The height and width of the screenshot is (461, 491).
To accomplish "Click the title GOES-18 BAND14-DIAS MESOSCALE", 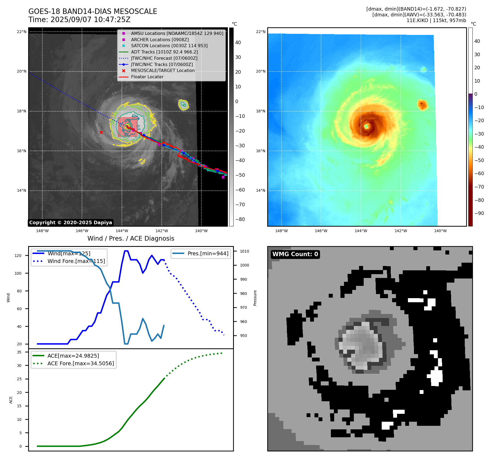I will tap(93, 11).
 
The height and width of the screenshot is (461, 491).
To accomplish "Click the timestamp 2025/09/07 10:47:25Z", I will tap(90, 20).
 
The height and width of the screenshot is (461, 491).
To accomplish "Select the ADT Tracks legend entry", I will tap(164, 52).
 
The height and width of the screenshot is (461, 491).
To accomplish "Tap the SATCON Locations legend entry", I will tap(169, 46).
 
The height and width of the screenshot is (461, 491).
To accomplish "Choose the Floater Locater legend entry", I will tap(147, 77).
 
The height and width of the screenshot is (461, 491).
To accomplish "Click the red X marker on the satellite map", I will tap(101, 133).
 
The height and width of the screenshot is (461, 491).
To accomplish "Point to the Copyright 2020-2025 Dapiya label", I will tap(70, 223).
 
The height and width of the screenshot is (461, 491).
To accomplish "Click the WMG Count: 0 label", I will tap(295, 254).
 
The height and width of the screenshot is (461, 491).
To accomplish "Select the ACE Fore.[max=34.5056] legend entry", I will tap(81, 363).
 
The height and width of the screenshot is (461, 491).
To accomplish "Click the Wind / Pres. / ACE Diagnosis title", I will tap(131, 238).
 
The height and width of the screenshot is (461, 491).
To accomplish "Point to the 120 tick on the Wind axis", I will tap(18, 256).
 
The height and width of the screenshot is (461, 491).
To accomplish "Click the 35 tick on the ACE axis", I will tap(19, 352).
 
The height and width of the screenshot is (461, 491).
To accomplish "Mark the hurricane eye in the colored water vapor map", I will tap(366, 126).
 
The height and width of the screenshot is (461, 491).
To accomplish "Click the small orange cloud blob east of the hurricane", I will tap(422, 104).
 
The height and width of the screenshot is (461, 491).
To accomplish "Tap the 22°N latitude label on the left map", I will tap(22, 32).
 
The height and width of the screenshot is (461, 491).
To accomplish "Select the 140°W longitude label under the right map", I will tap(440, 231).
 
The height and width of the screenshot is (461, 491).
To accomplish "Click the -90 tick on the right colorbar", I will tap(479, 213).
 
